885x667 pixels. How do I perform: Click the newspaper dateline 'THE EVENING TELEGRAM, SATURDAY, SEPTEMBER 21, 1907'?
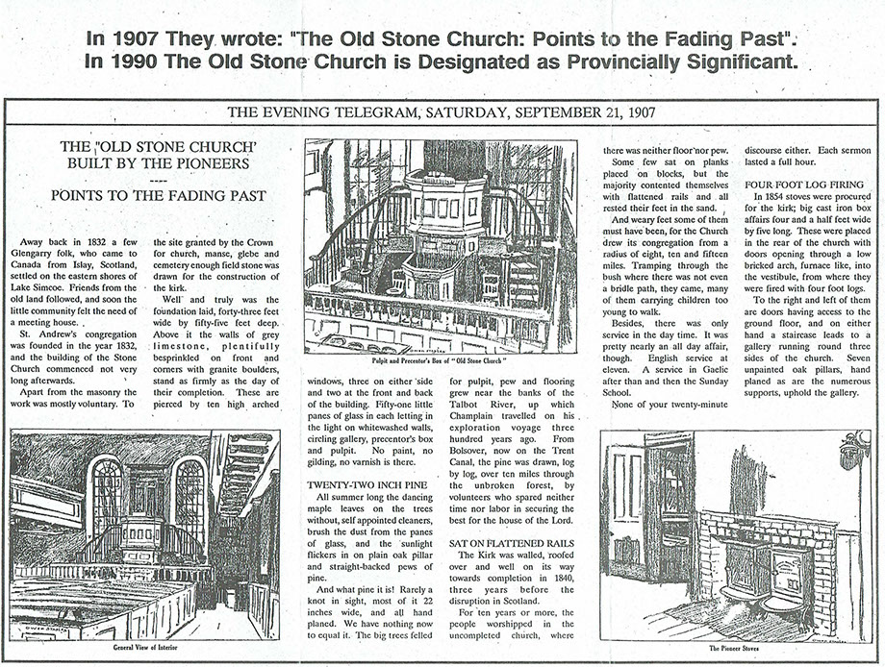[x=442, y=111]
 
